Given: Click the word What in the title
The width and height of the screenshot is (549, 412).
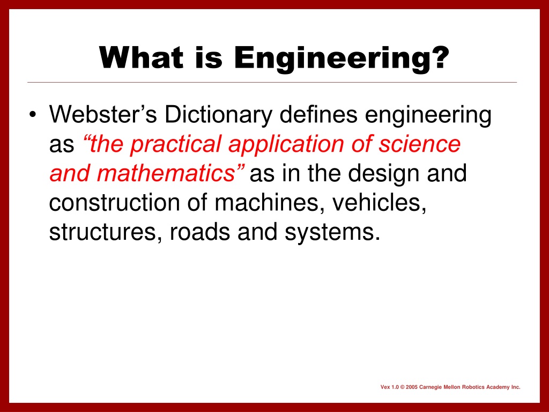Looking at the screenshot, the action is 141,57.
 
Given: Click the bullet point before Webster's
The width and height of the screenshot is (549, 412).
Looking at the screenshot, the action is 33,115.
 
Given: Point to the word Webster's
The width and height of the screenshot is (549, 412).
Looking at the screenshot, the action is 103,114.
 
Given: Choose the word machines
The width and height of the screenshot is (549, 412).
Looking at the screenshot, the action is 269,203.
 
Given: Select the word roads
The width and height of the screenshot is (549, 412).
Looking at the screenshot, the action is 199,232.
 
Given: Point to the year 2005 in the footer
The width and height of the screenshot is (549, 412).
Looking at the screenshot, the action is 412,387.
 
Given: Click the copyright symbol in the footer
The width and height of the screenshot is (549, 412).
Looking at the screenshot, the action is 402,387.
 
